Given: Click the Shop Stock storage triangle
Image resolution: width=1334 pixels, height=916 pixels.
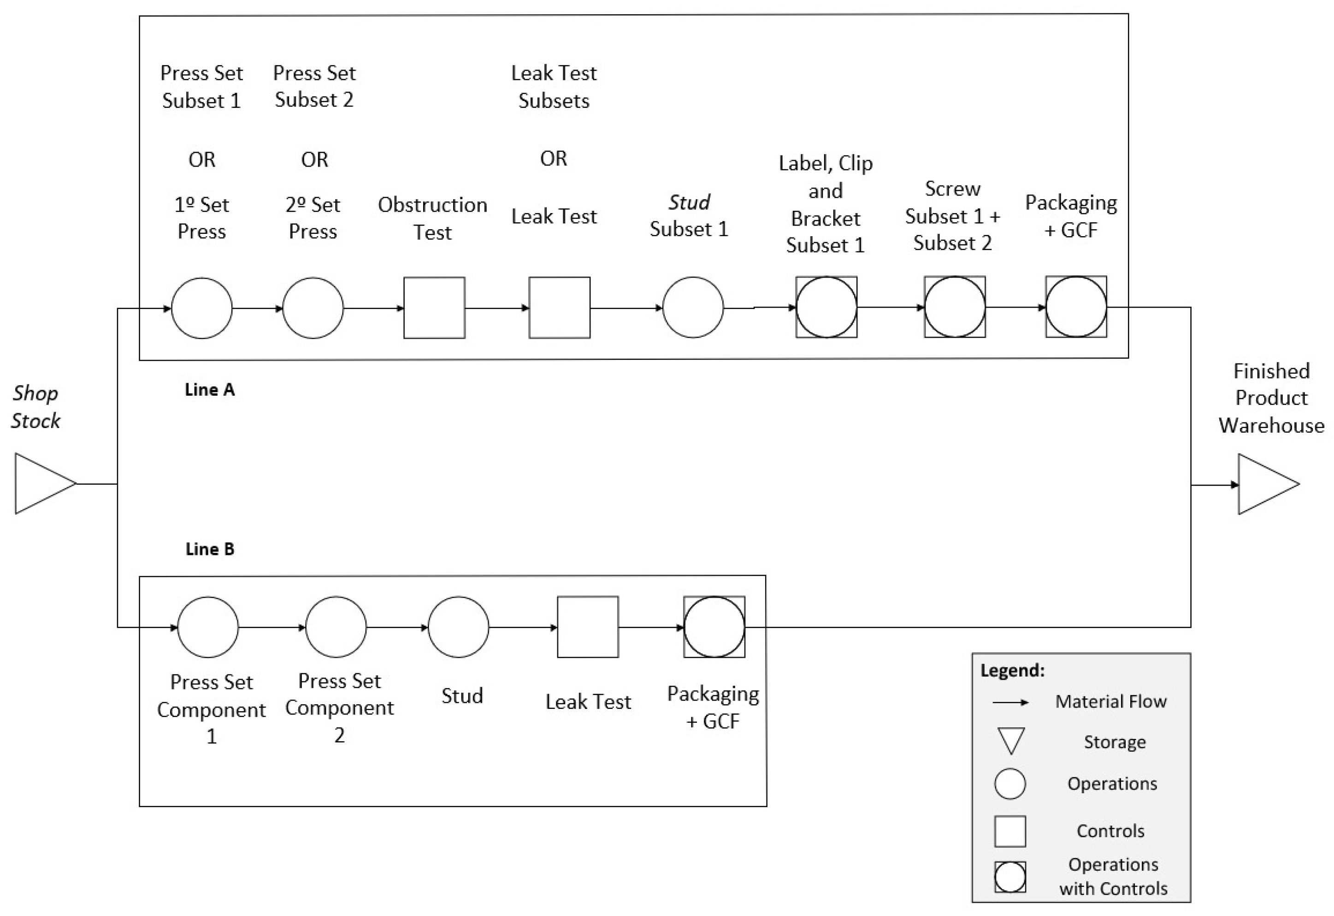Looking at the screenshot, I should pyautogui.click(x=40, y=483).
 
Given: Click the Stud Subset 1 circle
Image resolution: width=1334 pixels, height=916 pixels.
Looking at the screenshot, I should pyautogui.click(x=692, y=307).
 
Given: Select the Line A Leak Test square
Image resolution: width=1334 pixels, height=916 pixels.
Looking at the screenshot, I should pyautogui.click(x=559, y=307).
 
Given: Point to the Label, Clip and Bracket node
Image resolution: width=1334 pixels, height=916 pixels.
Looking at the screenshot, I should pyautogui.click(x=826, y=307).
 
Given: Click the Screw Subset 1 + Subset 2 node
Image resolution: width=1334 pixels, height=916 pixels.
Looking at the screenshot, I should pyautogui.click(x=955, y=307).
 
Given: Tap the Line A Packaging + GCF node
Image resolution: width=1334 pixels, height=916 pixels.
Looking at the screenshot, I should pyautogui.click(x=1076, y=307).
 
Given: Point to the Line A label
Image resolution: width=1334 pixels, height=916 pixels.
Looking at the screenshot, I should pyautogui.click(x=210, y=390).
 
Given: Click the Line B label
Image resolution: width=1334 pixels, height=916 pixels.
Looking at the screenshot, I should pyautogui.click(x=210, y=549).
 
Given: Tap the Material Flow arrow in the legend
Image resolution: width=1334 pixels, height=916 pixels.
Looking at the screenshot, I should pyautogui.click(x=1010, y=702).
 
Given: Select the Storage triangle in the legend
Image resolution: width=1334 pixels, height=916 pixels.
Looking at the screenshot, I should pyautogui.click(x=1010, y=740).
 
